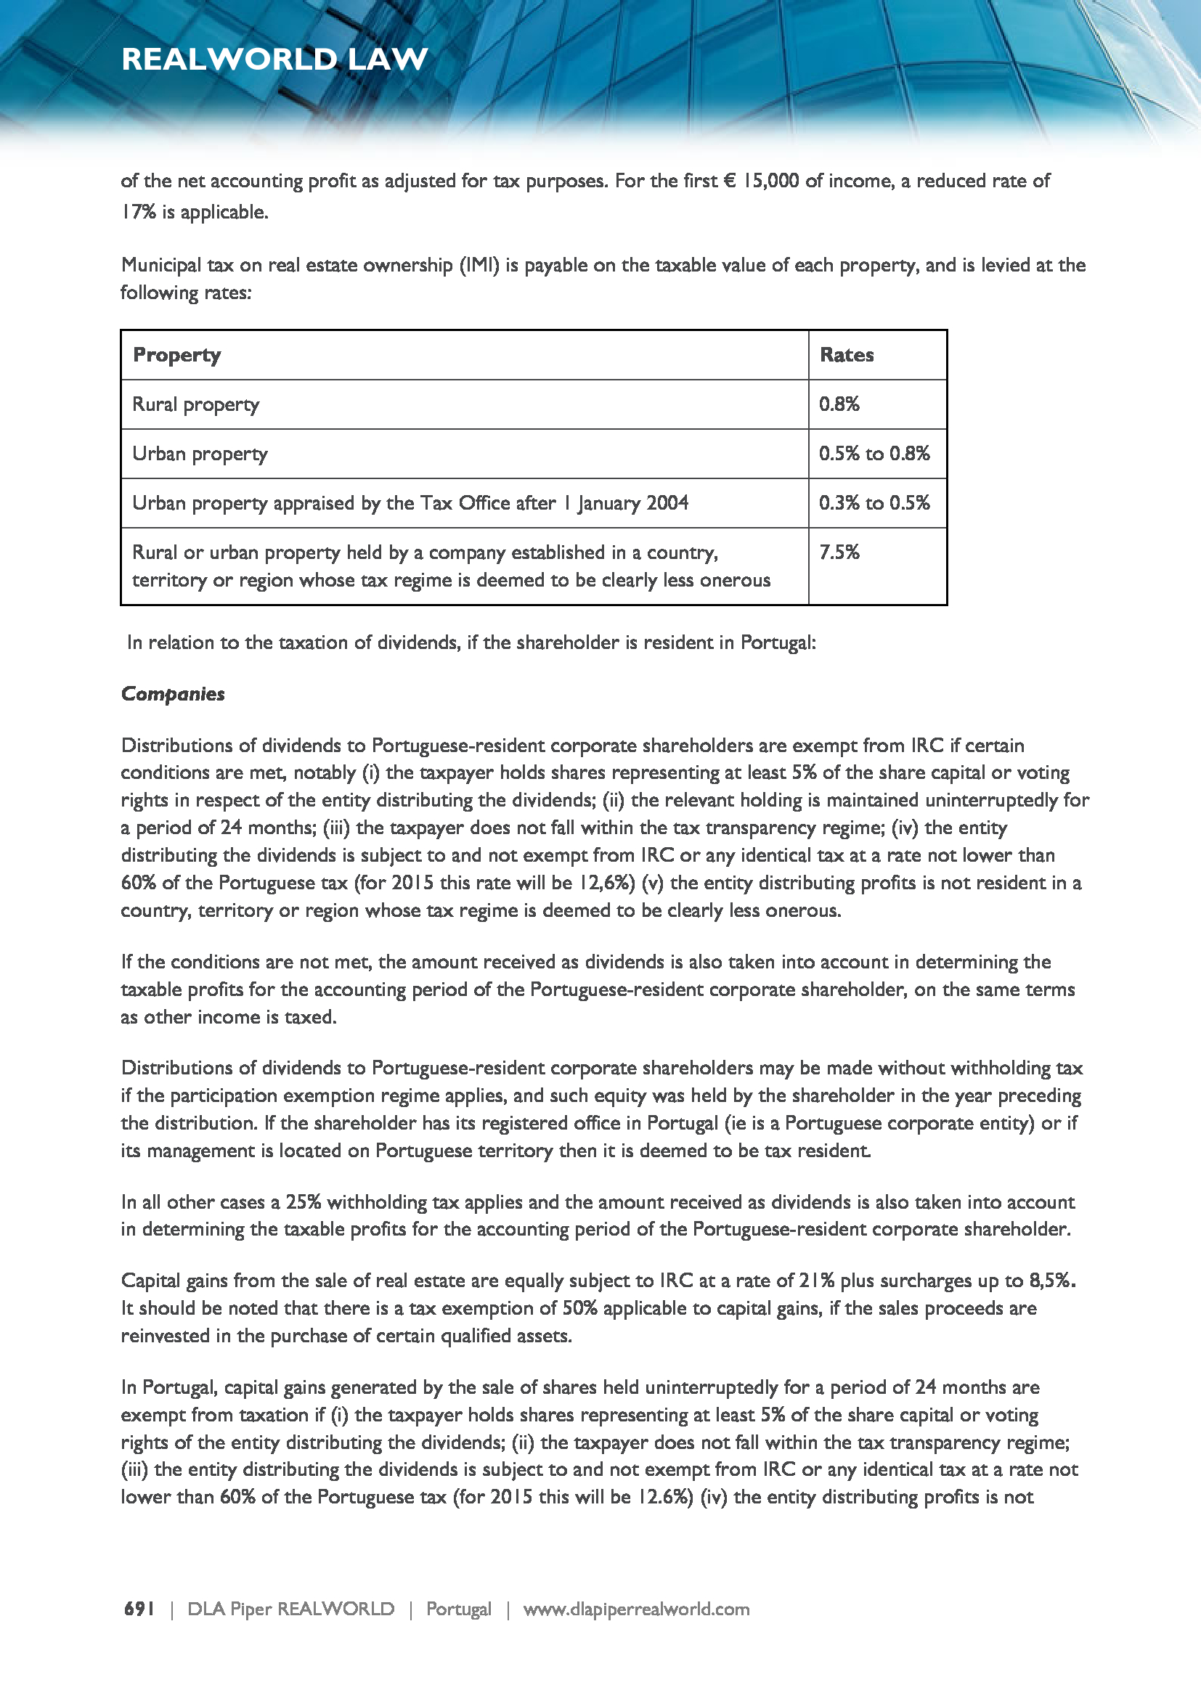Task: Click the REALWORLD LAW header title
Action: click(x=274, y=59)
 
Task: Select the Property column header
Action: click(x=176, y=355)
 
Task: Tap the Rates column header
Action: click(x=847, y=355)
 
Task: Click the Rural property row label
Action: click(x=196, y=404)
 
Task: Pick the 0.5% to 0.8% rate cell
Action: click(x=874, y=453)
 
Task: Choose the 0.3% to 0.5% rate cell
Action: click(x=874, y=503)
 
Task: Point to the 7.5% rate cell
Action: click(x=839, y=552)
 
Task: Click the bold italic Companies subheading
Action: click(x=173, y=694)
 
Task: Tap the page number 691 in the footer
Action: click(x=139, y=1609)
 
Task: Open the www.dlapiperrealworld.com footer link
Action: click(x=637, y=1609)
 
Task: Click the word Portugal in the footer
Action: click(x=458, y=1609)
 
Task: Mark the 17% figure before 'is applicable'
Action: click(x=138, y=212)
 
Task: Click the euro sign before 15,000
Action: click(x=729, y=181)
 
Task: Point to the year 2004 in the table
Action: click(x=667, y=503)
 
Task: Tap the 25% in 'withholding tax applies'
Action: click(x=304, y=1201)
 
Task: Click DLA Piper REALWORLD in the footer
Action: click(x=290, y=1609)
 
